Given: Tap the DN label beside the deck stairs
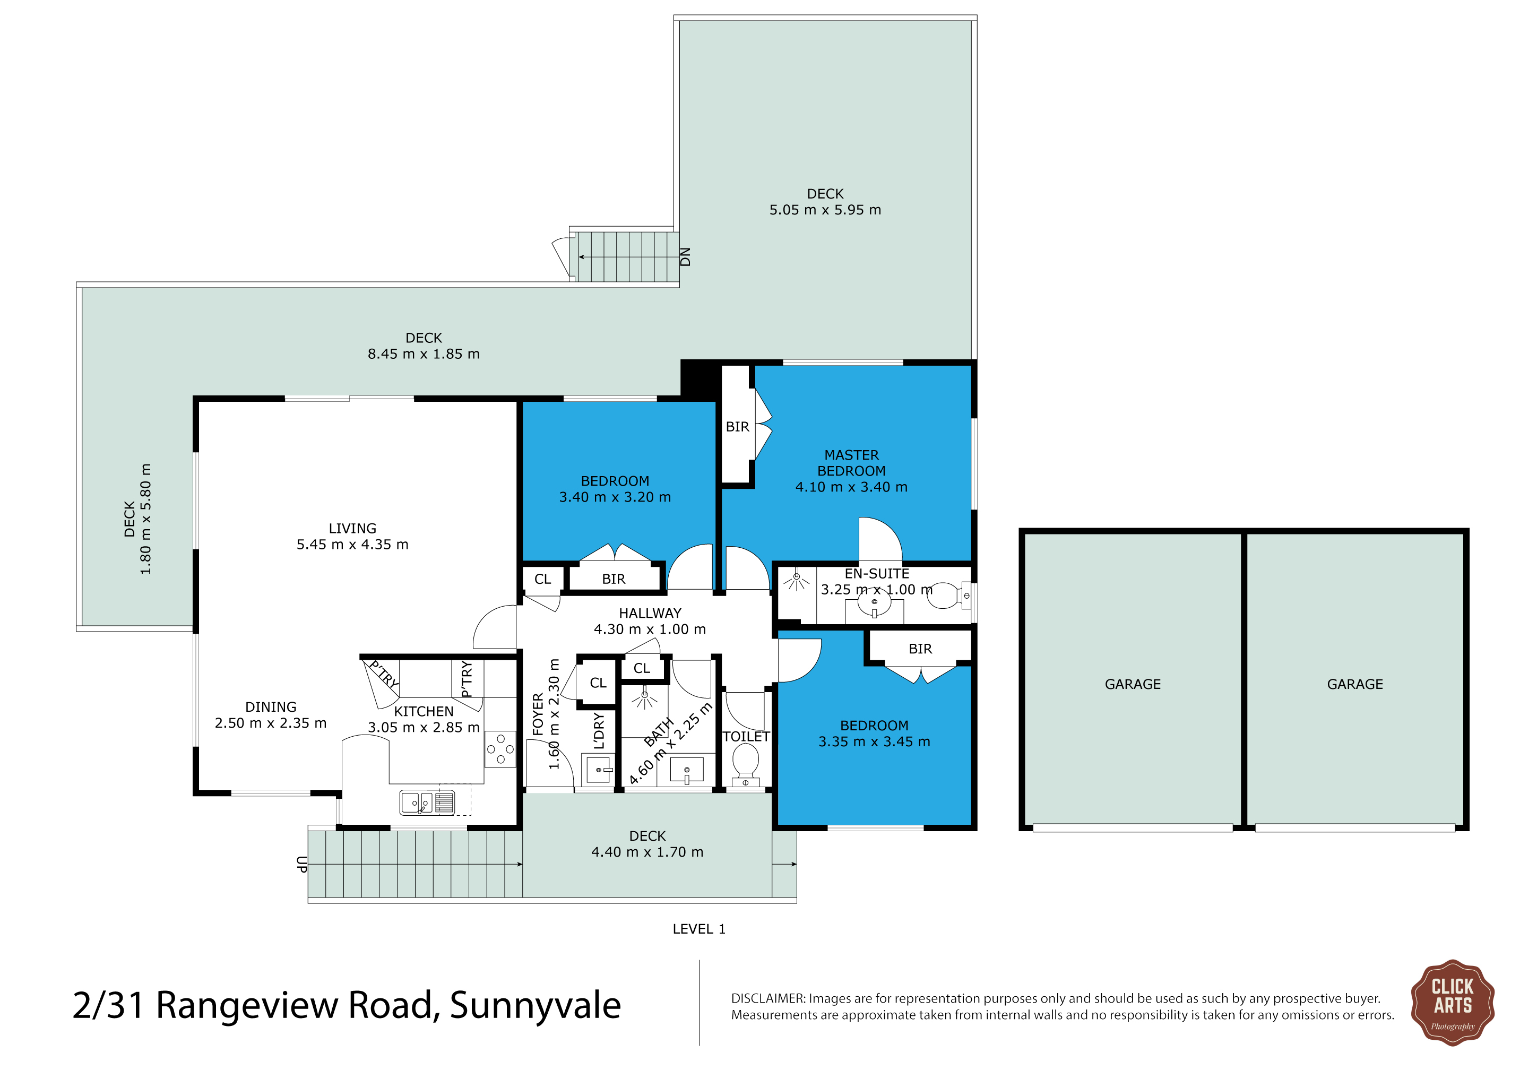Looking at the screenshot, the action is point(685,257).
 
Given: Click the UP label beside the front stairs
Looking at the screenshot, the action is point(302,864).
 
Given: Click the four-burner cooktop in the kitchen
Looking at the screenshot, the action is point(500,749).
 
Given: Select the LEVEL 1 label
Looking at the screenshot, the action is point(699,929).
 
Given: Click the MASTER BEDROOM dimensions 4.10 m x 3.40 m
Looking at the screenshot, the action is point(851,487).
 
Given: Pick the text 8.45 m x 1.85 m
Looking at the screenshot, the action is point(424,354).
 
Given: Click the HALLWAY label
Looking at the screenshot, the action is point(650,613).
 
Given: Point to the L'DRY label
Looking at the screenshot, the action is point(599,730).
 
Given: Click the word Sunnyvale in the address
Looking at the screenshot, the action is point(536,1006).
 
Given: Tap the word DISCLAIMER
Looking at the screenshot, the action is point(768,999).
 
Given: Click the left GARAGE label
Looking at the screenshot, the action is point(1133,684).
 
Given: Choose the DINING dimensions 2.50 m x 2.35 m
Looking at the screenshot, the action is point(271,723).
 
